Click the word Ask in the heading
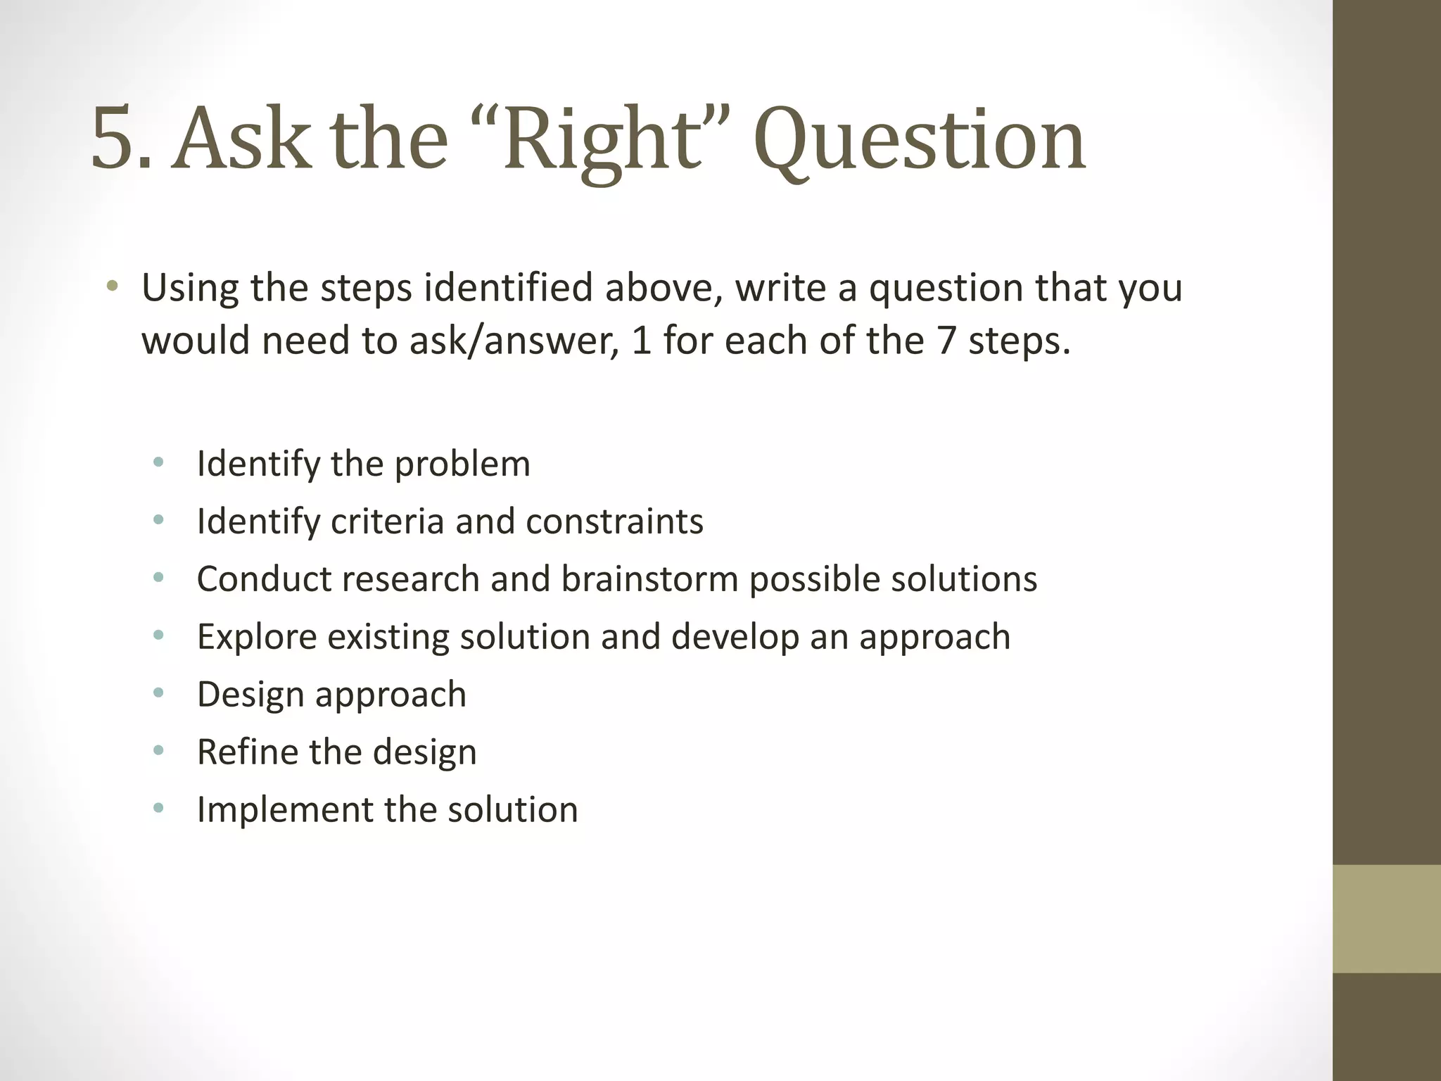coord(243,139)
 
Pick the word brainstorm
coord(649,580)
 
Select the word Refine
coord(248,752)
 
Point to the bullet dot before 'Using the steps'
coord(113,287)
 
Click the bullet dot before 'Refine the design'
coord(158,751)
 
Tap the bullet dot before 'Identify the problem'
coord(158,463)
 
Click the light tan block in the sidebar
coord(1386,918)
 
